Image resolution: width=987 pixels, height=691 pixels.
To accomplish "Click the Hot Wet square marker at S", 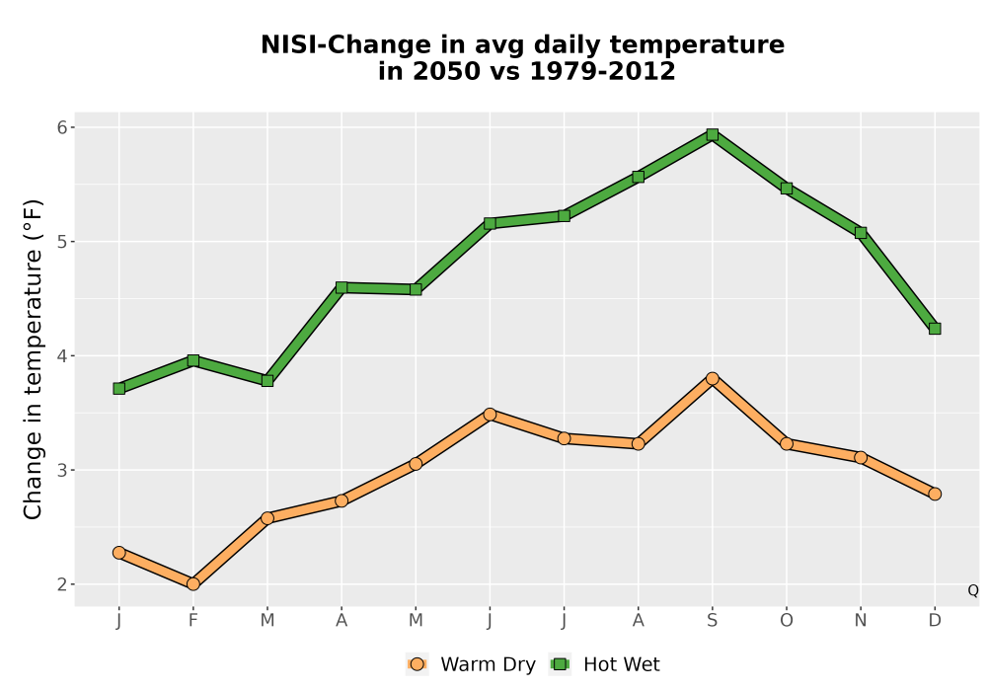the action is coord(712,134).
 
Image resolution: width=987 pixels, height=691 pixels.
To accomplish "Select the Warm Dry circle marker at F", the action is coord(193,584).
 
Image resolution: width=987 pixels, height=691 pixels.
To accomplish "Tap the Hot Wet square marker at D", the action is coord(935,329).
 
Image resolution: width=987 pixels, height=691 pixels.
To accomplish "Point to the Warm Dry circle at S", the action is coord(712,378).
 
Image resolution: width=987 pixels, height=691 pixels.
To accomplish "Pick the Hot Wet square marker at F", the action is coord(193,360).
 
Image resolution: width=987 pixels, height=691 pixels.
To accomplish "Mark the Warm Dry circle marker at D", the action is coord(935,494).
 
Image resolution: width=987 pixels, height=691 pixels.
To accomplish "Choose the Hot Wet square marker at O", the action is coord(787,189).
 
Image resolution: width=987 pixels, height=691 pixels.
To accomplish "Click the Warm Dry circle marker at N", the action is coord(861,457).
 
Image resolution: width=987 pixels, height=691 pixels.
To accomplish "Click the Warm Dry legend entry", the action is coord(471,664).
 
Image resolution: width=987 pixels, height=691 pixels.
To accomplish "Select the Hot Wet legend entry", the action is coord(605,664).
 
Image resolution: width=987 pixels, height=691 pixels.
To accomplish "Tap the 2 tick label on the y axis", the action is coord(62,584).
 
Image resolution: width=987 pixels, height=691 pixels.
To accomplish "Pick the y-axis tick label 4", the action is coord(62,356).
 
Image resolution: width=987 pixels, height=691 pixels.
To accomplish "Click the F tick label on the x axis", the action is coord(193,621).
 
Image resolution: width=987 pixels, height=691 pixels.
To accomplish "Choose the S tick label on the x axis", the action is coord(712,621).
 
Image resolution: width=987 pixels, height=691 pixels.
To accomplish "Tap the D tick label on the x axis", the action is coord(935,621).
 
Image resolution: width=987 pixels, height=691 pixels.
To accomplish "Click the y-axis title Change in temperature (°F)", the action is coord(33,359).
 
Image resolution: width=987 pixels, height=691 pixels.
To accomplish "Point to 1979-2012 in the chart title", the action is coord(602,71).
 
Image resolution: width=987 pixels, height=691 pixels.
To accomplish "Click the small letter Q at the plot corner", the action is coord(973,590).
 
